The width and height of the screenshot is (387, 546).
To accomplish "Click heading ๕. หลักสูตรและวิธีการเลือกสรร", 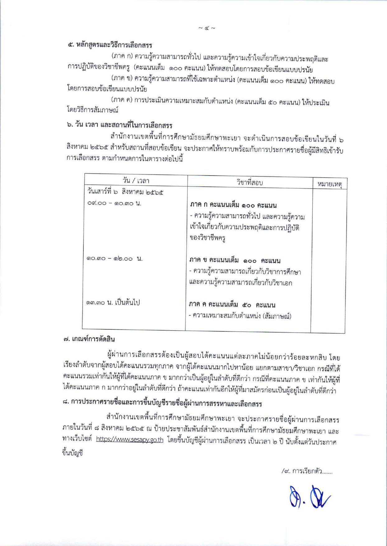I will click(110, 45).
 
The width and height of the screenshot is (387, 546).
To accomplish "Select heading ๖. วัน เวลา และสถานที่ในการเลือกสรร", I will click(119, 125).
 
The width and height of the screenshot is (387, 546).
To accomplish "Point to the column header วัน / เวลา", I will click(136, 181).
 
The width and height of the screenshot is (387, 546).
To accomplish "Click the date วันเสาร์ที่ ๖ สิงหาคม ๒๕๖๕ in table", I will click(125, 192).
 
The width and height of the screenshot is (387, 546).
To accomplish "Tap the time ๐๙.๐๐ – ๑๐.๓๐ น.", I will click(114, 204).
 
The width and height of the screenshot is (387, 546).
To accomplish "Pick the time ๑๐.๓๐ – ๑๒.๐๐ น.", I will click(114, 259).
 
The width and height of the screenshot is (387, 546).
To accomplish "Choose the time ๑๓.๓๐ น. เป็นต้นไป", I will click(113, 302).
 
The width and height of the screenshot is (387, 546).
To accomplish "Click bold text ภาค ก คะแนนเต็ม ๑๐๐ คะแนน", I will click(233, 205).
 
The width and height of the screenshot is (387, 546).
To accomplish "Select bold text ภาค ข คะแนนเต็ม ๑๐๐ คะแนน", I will click(235, 260).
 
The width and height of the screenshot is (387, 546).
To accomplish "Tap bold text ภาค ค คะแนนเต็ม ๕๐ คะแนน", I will click(232, 305).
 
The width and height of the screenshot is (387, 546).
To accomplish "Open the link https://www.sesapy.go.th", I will click(129, 440).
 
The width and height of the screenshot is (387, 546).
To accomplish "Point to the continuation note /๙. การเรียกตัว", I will click(307, 471).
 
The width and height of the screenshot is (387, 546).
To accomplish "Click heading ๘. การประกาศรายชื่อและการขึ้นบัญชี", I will click(162, 404).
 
